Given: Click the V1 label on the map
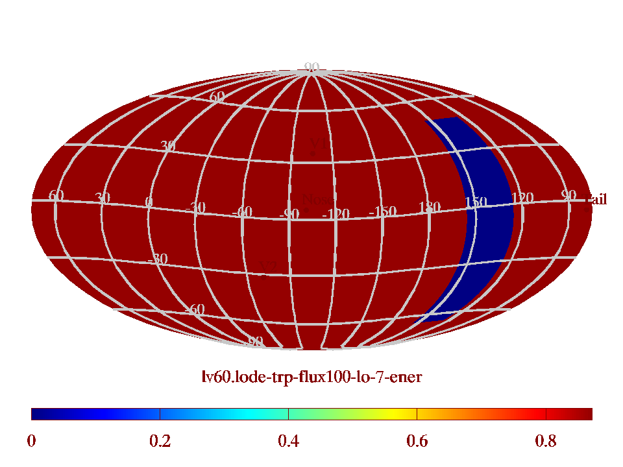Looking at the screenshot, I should [317, 143].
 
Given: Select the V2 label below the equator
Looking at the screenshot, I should [268, 267].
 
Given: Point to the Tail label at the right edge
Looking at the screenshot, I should [597, 199].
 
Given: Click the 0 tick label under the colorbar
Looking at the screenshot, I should [31, 442].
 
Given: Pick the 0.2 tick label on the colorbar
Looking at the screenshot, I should [160, 442].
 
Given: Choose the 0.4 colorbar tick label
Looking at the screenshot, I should [288, 442].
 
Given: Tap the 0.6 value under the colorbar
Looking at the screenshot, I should [417, 442].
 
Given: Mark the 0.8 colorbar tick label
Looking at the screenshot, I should [546, 442].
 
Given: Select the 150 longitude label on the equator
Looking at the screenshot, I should [476, 202].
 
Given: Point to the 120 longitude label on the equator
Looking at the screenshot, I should [522, 197].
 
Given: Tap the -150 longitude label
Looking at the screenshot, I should [382, 211].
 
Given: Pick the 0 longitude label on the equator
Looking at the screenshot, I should [149, 202].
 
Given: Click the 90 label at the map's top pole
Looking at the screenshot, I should [311, 67].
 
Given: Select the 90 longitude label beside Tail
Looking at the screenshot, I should [569, 195].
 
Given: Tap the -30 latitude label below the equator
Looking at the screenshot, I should [157, 259].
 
